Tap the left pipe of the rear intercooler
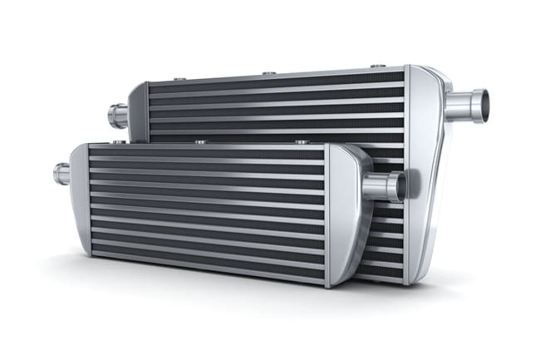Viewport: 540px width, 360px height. pos(118,115)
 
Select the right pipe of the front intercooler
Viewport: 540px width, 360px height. pos(384,186)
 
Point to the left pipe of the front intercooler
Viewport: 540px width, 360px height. pos(61,173)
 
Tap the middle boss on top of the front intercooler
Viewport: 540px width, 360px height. pos(200,142)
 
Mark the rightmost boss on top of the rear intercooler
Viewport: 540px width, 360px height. pos(378,66)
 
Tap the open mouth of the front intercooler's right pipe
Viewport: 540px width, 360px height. pos(402,186)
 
